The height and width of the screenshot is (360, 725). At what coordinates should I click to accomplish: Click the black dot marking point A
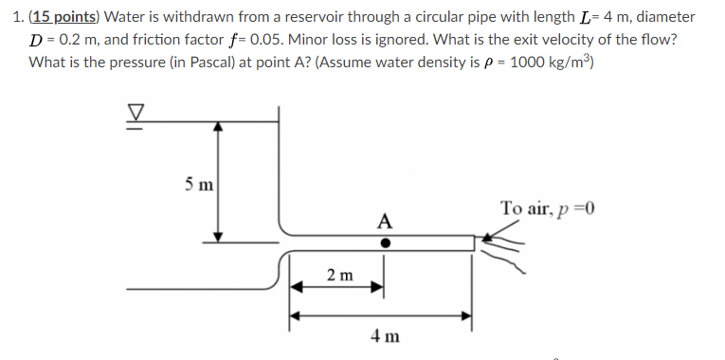384,243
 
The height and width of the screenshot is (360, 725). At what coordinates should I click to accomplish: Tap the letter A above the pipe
384,222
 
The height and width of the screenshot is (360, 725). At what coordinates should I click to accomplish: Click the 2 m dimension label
339,276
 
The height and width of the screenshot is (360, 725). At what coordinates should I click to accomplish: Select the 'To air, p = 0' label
553,208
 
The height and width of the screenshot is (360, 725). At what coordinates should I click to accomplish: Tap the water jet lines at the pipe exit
503,246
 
